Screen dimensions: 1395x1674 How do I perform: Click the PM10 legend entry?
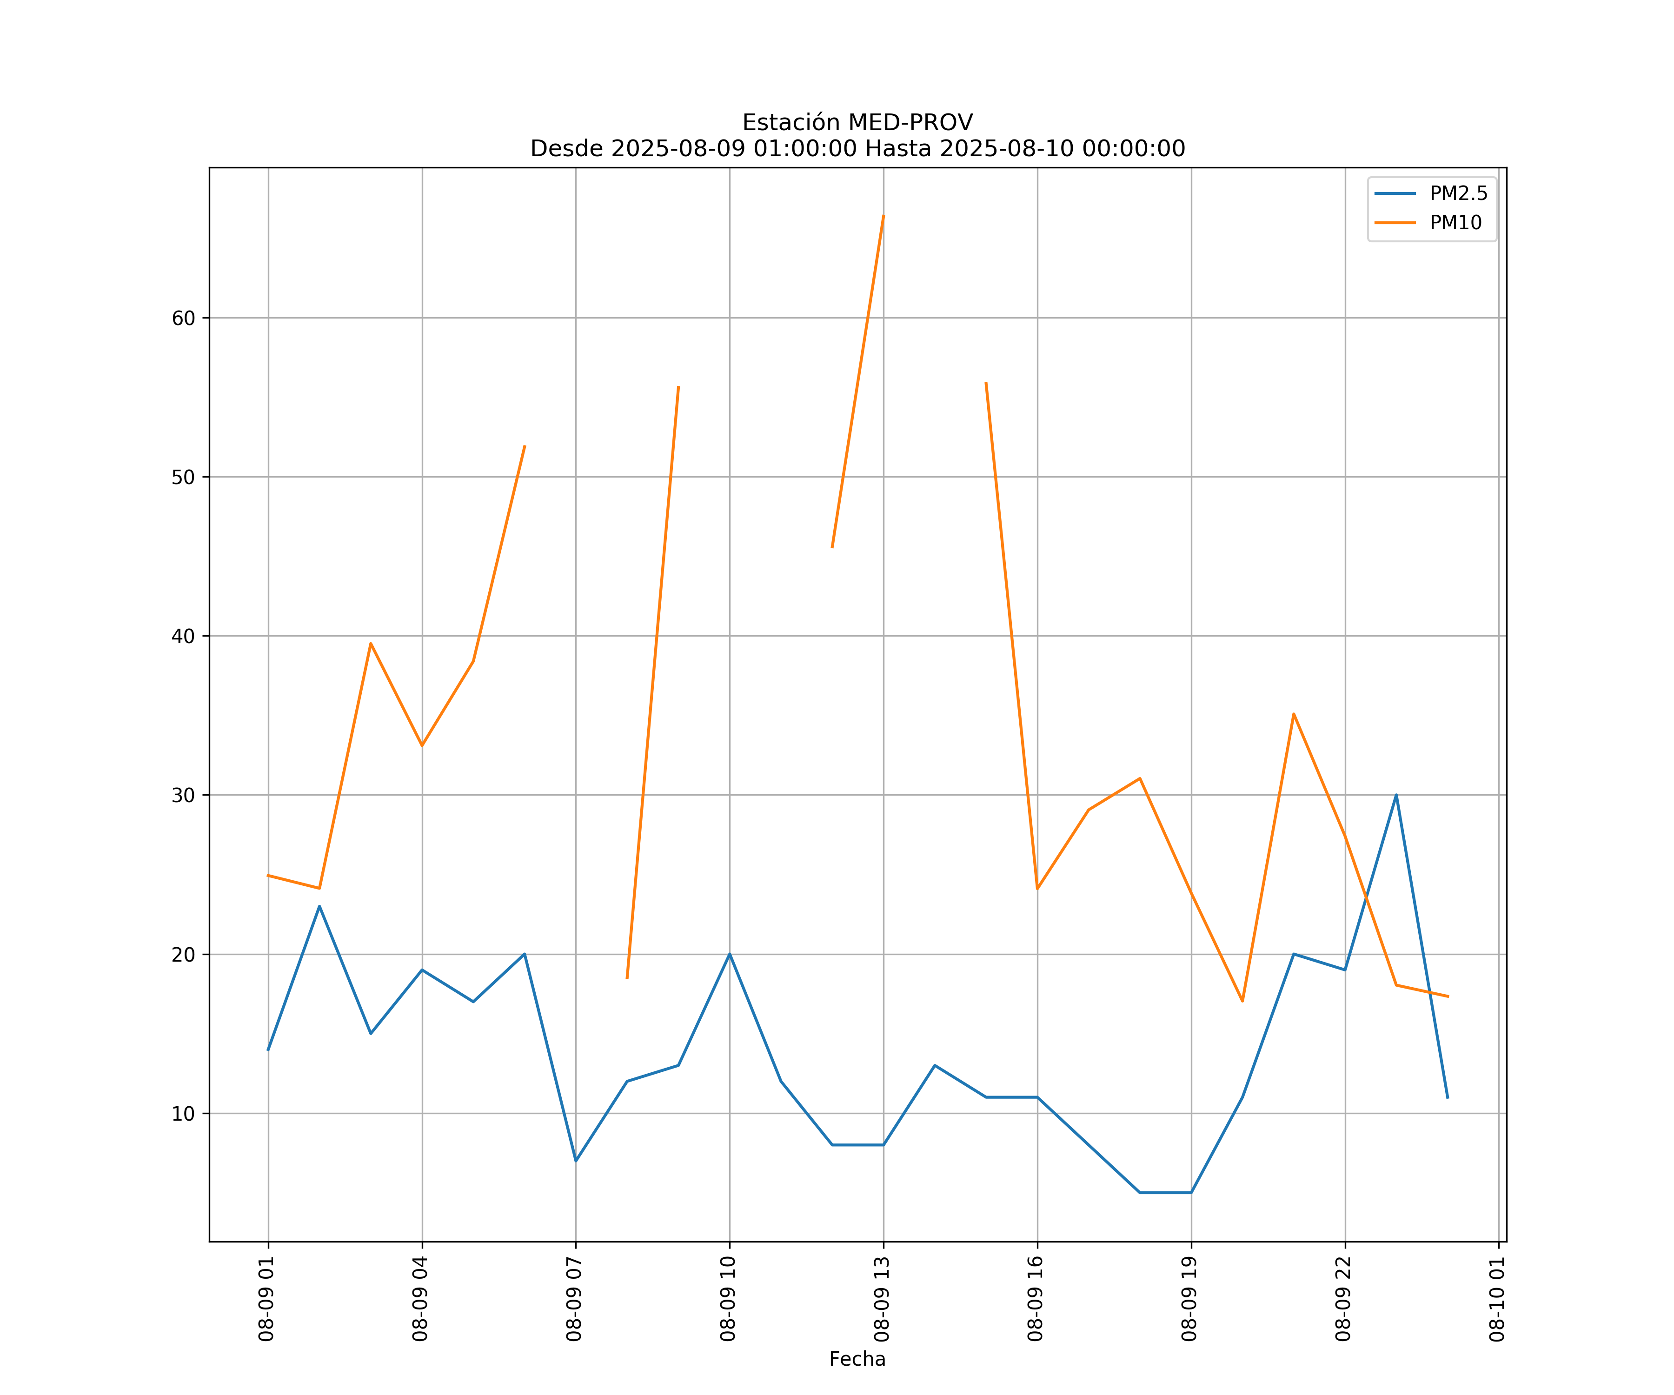tap(1455, 223)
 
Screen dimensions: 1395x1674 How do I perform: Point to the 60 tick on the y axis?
tap(183, 318)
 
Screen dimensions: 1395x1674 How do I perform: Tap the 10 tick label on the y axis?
tap(183, 1114)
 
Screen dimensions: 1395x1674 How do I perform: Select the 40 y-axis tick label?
tap(183, 636)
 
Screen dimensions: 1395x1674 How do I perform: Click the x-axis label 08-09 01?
tap(267, 1299)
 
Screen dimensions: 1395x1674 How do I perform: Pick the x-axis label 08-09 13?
tap(882, 1299)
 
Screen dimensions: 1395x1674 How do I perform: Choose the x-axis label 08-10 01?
tap(1497, 1299)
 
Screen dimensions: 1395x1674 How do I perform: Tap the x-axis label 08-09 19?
tap(1189, 1299)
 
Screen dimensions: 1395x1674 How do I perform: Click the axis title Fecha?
tap(857, 1359)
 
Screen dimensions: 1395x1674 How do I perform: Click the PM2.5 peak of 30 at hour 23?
tap(1396, 795)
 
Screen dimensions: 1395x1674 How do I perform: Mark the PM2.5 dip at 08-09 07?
tap(576, 1161)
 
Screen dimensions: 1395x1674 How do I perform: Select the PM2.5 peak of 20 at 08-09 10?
tap(730, 954)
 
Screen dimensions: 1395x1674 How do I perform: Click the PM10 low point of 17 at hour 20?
tap(1242, 1001)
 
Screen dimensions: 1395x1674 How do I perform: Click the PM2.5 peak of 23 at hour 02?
tap(319, 906)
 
